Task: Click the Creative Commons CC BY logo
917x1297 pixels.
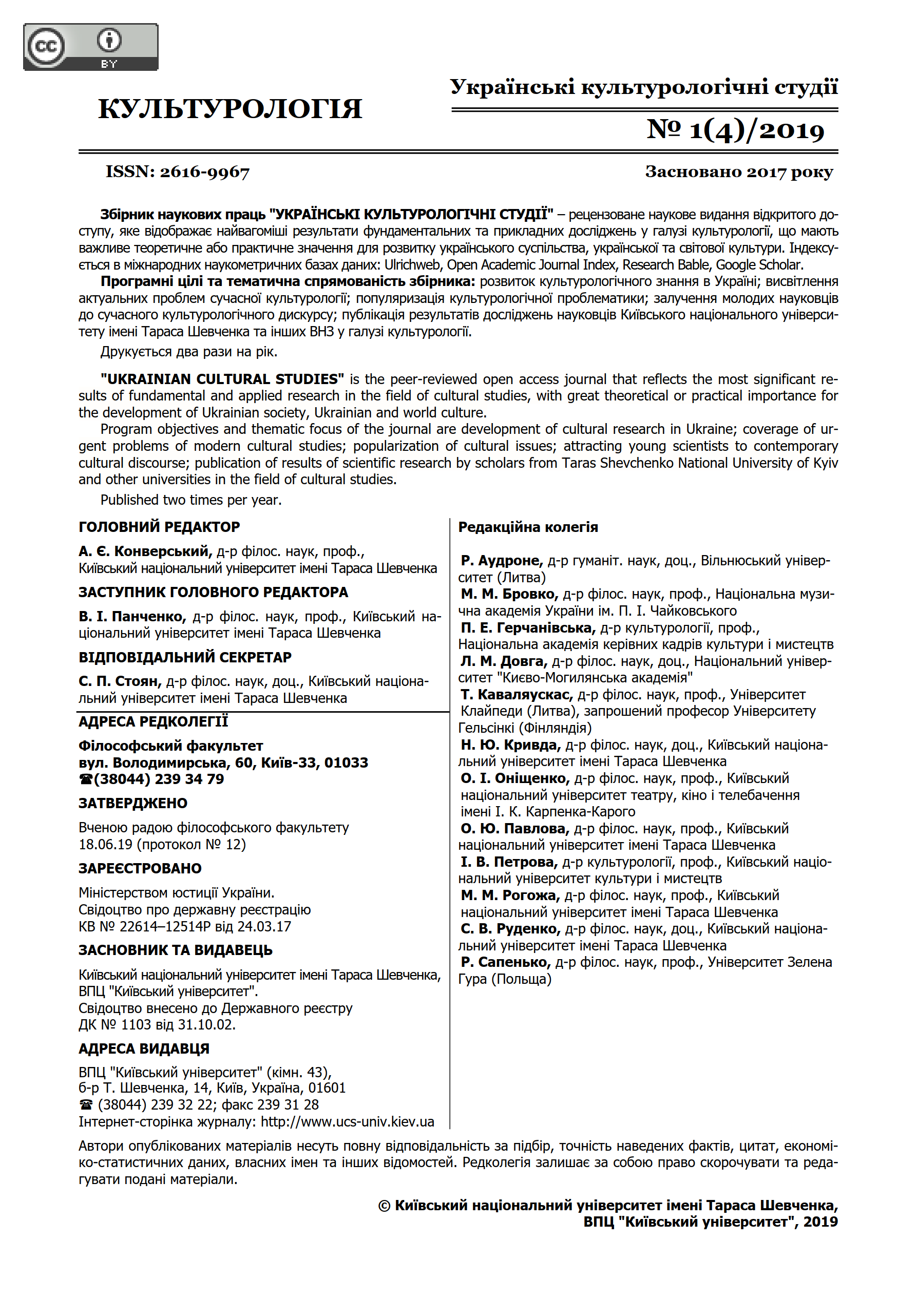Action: (90, 47)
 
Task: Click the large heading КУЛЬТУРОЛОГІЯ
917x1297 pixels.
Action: (230, 109)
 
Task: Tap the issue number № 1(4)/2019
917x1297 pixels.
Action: (735, 130)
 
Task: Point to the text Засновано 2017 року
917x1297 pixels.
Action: (739, 171)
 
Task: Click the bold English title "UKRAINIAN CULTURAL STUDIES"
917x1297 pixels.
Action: (222, 379)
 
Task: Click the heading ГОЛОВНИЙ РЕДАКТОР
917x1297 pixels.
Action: (159, 527)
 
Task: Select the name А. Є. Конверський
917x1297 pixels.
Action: (145, 551)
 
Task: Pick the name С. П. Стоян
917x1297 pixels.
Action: (120, 681)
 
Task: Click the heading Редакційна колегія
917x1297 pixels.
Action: (528, 527)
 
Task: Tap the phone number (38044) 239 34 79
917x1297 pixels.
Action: (159, 779)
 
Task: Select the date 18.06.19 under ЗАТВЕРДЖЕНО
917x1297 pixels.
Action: (106, 845)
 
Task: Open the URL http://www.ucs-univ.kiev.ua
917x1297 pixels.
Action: (348, 1121)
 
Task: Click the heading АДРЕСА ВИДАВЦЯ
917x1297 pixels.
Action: (144, 1048)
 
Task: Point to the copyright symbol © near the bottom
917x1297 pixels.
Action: (384, 1206)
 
